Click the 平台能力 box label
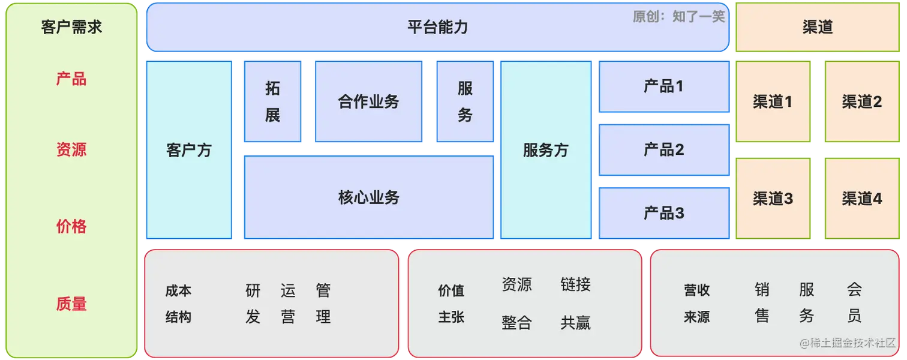coord(437,27)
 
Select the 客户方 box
coord(189,150)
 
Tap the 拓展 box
coord(272,101)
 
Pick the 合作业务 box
coord(368,101)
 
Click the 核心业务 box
coord(368,197)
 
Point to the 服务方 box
coord(545,150)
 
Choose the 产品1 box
coord(663,86)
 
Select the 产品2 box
coord(663,149)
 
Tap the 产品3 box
coord(663,213)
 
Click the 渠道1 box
coord(773,101)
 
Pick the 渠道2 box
coord(861,101)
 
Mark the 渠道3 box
coord(773,198)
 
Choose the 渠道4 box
coord(861,198)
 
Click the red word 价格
coord(71,226)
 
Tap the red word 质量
coord(71,304)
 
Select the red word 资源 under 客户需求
coord(71,149)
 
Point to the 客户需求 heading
coord(71,27)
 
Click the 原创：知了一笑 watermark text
coord(678,16)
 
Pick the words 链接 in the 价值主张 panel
coord(575,284)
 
